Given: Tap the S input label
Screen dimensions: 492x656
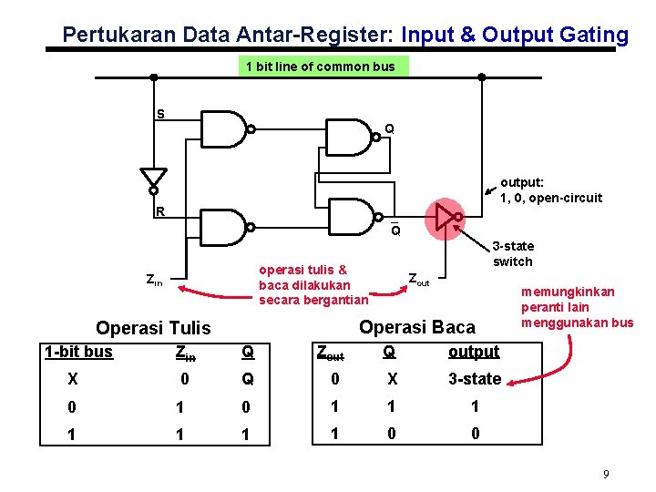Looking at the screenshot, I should pyautogui.click(x=160, y=114).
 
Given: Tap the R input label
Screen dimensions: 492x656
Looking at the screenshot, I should pyautogui.click(x=159, y=212).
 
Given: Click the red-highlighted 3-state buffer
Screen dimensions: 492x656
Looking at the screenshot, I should pyautogui.click(x=445, y=216).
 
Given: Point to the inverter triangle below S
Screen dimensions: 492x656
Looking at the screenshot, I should pyautogui.click(x=154, y=178).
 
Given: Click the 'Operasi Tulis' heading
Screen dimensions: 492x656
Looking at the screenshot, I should pyautogui.click(x=153, y=328).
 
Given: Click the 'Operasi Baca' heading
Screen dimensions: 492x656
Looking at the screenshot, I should pyautogui.click(x=417, y=326).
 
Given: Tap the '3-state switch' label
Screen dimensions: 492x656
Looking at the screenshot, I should pyautogui.click(x=512, y=253).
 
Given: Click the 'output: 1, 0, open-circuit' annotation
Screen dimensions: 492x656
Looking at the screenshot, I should pyautogui.click(x=550, y=190).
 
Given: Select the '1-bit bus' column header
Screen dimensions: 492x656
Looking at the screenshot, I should pyautogui.click(x=78, y=352).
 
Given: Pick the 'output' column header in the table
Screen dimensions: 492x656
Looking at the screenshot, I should pyautogui.click(x=474, y=352).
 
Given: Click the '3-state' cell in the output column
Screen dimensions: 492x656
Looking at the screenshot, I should pyautogui.click(x=474, y=378).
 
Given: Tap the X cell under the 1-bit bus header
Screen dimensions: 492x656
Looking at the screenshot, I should pyautogui.click(x=73, y=379).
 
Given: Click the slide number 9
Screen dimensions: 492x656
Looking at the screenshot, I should pyautogui.click(x=605, y=474).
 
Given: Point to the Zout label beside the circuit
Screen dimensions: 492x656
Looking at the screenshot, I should pyautogui.click(x=418, y=279).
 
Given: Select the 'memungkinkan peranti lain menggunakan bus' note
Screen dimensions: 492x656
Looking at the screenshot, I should pyautogui.click(x=576, y=307).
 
